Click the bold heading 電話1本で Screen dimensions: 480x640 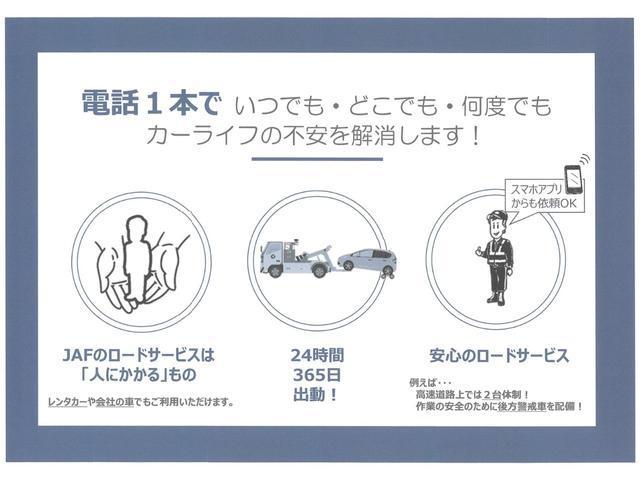tap(150, 104)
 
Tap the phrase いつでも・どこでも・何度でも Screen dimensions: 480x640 tap(392, 105)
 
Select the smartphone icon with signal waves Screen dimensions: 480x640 tap(573, 175)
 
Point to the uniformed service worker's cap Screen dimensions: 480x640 tap(497, 217)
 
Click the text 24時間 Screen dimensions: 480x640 tap(320, 355)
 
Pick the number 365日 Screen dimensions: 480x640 tap(320, 375)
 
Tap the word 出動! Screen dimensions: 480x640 tap(320, 395)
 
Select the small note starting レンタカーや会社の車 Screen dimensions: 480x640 tap(142, 402)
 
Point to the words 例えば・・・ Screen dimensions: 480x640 tap(432, 383)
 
